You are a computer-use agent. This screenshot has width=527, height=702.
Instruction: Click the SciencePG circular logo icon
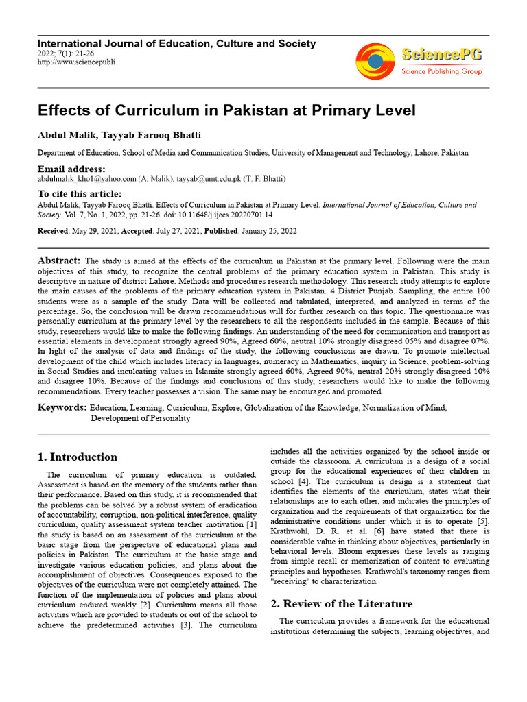[375, 61]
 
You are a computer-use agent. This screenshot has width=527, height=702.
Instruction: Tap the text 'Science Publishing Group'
[441, 71]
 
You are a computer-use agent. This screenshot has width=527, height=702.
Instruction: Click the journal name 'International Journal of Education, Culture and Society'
[176, 44]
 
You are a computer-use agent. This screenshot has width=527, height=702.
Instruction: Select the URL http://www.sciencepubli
[76, 62]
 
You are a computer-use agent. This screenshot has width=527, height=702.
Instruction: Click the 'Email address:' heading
[71, 169]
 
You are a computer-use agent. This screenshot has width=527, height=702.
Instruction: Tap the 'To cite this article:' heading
[79, 194]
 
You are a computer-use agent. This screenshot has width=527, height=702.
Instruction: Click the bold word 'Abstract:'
[59, 261]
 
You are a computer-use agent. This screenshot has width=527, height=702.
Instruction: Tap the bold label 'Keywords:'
[62, 407]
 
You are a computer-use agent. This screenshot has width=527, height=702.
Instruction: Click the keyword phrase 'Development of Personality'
[141, 417]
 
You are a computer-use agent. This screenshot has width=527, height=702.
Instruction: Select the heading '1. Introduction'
[78, 457]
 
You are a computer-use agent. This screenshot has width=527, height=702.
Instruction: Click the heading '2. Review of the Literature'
[342, 604]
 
